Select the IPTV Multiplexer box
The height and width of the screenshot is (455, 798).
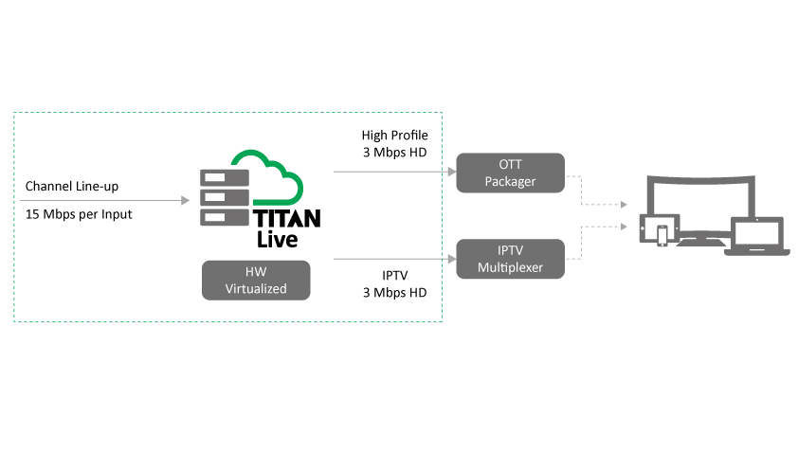coord(511,258)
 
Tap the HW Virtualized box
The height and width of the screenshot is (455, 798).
coord(256,281)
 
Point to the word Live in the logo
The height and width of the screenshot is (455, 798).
coord(279,238)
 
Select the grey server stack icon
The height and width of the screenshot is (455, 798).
coord(224,197)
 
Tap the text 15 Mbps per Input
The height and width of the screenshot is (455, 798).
coord(79,214)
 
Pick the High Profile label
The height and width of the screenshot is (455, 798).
coord(394,136)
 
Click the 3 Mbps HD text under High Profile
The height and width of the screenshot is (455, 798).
coord(394,153)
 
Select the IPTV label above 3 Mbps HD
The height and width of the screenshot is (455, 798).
coord(394,275)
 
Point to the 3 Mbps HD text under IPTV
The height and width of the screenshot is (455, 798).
coord(394,292)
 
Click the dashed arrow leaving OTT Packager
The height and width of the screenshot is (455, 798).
coord(597,190)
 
